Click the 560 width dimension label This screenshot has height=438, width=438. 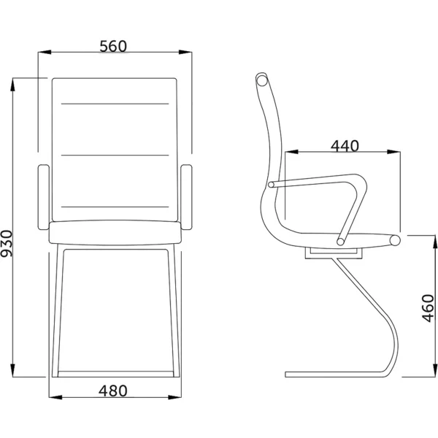pyautogui.click(x=113, y=47)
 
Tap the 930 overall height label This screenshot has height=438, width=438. pyautogui.click(x=7, y=243)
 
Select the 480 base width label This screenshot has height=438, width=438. pyautogui.click(x=113, y=391)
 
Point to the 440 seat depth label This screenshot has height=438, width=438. pyautogui.click(x=345, y=146)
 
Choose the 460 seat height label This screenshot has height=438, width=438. pyautogui.click(x=428, y=308)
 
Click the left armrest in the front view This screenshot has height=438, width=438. pyautogui.click(x=44, y=197)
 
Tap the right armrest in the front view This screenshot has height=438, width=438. pyautogui.click(x=186, y=197)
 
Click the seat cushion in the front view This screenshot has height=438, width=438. pyautogui.click(x=115, y=233)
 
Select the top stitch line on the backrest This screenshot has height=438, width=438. pyautogui.click(x=115, y=104)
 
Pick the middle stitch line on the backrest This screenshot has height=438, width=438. pyautogui.click(x=115, y=155)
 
